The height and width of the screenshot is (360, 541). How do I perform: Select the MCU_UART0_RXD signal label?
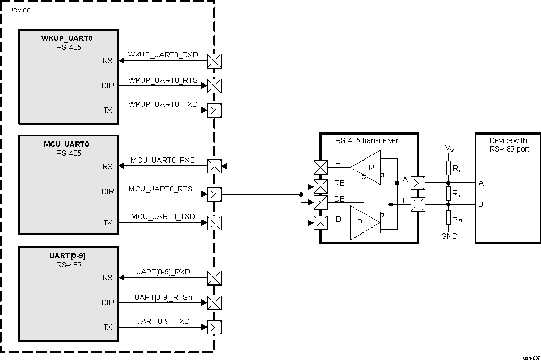[163, 160]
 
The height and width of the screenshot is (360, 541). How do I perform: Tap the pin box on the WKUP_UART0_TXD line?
[214, 110]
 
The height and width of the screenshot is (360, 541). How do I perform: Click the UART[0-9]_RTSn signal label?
[163, 297]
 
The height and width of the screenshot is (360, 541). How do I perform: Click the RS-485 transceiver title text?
[366, 140]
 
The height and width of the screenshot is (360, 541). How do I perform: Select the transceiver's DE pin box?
[320, 203]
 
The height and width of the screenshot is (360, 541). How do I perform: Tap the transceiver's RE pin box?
[320, 186]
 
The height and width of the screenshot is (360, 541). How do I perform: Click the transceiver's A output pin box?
[418, 183]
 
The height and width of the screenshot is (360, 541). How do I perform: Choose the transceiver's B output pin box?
[418, 204]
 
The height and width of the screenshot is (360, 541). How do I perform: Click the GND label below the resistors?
[449, 236]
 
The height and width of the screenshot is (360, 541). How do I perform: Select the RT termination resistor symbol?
[449, 194]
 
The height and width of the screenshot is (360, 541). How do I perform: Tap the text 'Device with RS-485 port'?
[508, 145]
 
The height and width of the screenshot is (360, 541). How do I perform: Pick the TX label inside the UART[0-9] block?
[107, 327]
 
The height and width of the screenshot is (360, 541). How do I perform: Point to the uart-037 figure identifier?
[530, 357]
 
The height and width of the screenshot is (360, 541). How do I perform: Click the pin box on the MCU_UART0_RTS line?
[214, 194]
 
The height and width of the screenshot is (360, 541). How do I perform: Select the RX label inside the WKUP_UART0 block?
[107, 61]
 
